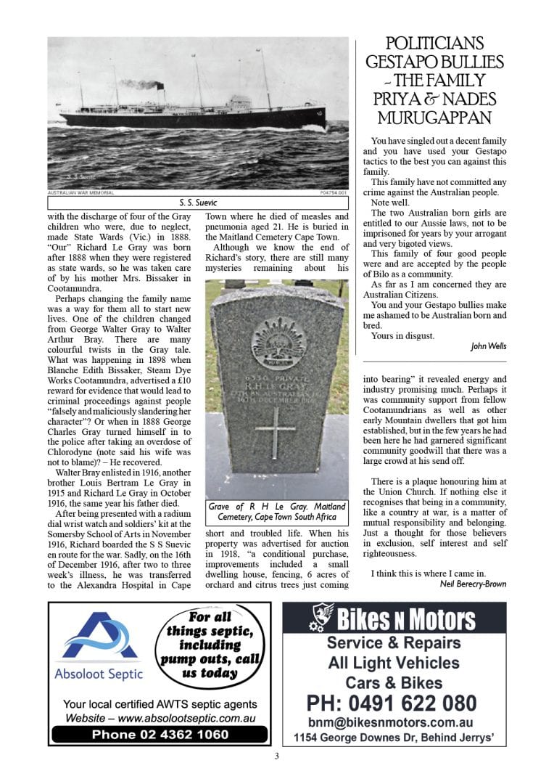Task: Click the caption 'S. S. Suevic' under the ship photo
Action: [x=198, y=203]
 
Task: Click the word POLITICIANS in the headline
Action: [x=434, y=44]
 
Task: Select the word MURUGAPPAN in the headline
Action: [x=434, y=118]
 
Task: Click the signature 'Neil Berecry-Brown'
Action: [x=473, y=584]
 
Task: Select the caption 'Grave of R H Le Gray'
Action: [x=276, y=511]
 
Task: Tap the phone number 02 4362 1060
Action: [x=160, y=734]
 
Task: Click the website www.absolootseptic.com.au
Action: [x=160, y=719]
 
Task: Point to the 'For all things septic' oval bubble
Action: [x=210, y=643]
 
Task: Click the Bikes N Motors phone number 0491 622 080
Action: [x=392, y=703]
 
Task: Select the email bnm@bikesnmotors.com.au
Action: [x=391, y=723]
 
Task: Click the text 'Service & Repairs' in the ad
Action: [x=393, y=642]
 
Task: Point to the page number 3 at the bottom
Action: [x=276, y=756]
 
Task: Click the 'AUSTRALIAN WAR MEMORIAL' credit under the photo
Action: [x=80, y=192]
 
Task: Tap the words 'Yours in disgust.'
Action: [x=402, y=336]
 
